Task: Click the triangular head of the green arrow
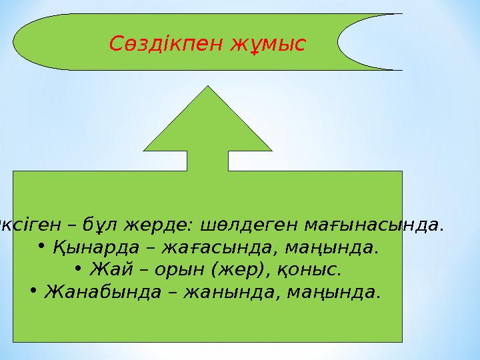207,127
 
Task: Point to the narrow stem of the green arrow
207,161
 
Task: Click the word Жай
108,270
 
